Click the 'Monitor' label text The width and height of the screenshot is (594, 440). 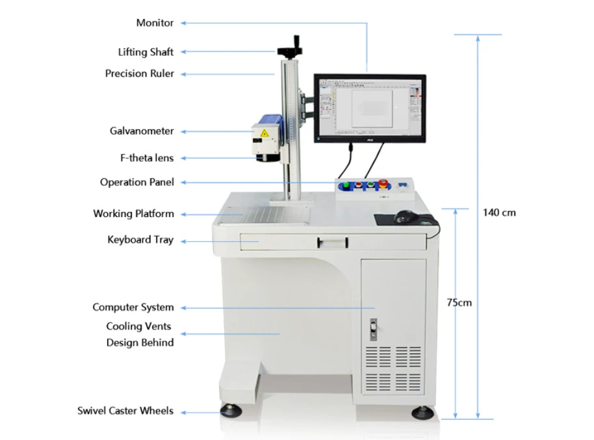(x=155, y=23)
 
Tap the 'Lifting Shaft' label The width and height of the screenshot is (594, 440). (x=146, y=52)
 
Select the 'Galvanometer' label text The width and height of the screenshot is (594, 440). (x=142, y=131)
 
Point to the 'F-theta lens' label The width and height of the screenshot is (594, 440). (x=147, y=158)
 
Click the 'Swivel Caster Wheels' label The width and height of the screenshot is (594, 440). (x=125, y=411)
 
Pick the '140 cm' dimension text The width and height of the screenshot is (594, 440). (x=499, y=213)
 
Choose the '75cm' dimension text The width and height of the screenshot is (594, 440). (x=459, y=302)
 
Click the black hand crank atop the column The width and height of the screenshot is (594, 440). (x=291, y=48)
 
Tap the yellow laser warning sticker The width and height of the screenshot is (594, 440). (x=264, y=133)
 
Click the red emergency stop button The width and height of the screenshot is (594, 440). (x=383, y=183)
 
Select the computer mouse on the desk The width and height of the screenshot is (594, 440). (x=405, y=217)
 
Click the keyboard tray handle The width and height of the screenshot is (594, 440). (x=333, y=242)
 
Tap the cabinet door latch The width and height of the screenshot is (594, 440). (x=373, y=329)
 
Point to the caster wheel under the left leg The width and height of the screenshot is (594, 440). (x=231, y=411)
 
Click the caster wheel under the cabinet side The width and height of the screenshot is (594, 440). (x=423, y=412)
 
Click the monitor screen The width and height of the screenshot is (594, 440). (x=370, y=107)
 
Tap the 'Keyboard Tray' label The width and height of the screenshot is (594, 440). (x=140, y=240)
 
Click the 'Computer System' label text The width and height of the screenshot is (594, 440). (x=133, y=307)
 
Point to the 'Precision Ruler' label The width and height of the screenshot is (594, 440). (x=140, y=73)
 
